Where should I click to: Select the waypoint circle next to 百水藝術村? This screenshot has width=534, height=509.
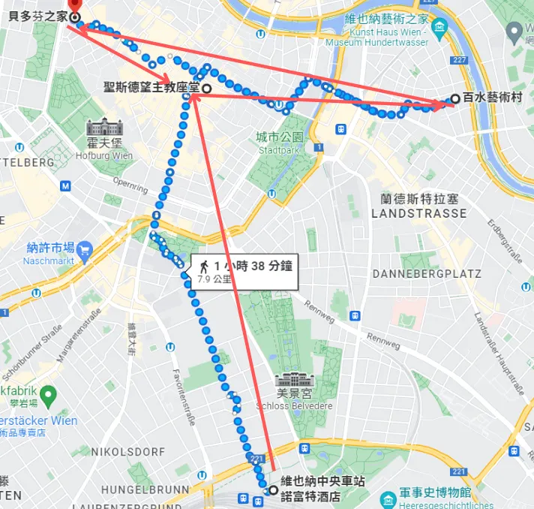[x=454, y=98]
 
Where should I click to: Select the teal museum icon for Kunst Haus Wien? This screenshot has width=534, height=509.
[x=439, y=29]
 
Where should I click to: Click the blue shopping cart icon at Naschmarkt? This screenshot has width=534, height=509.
[x=83, y=250]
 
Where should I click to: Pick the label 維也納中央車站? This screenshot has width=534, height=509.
[x=322, y=481]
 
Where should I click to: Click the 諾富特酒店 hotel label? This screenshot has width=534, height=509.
[x=310, y=496]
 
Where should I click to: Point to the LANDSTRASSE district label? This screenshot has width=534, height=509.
[x=418, y=213]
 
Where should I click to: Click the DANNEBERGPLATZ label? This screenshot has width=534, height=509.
[x=426, y=273]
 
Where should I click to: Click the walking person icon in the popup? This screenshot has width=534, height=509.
[x=202, y=265]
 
